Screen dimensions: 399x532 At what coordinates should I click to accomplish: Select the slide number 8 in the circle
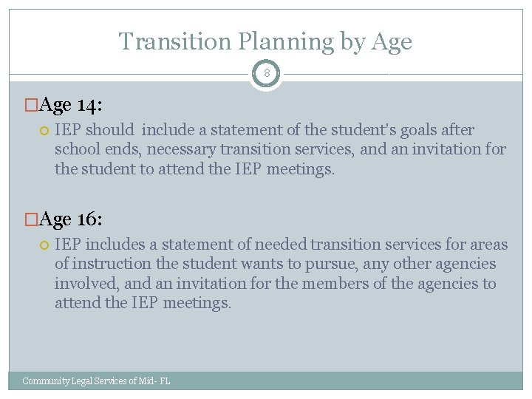pos(266,74)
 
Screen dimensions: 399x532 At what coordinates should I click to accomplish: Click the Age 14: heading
pos(71,105)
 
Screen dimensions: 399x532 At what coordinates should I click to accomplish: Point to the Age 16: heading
pos(71,219)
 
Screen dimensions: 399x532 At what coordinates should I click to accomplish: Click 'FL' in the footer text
pos(164,381)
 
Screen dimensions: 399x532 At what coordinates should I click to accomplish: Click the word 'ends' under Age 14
pos(107,149)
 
